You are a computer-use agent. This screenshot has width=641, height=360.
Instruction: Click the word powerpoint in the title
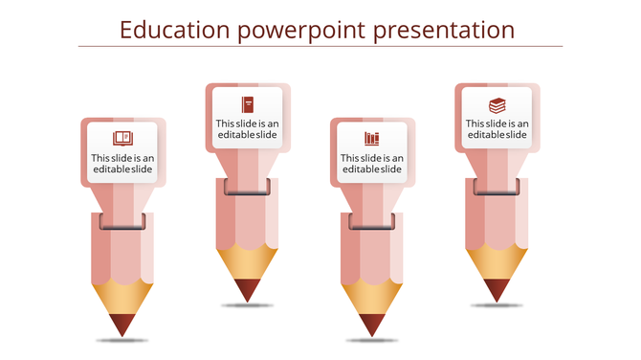[x=301, y=31]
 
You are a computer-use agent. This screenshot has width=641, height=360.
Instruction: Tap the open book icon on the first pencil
[x=122, y=138]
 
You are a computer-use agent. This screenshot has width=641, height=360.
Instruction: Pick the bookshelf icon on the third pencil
[x=372, y=139]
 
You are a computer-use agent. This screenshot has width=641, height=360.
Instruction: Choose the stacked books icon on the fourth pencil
[x=497, y=104]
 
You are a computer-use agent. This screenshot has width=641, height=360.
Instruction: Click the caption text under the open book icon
[x=122, y=164]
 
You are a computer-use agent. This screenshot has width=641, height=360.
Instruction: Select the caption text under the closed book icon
[x=247, y=129]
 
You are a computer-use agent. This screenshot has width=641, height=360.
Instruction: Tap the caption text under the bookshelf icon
[x=372, y=164]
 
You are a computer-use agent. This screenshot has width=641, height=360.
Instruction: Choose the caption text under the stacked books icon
[x=497, y=129]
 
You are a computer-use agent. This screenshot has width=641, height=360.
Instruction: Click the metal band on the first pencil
[x=122, y=222]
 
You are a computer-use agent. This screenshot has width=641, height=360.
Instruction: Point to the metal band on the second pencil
[x=247, y=187]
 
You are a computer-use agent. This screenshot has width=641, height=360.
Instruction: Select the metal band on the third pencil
[x=372, y=222]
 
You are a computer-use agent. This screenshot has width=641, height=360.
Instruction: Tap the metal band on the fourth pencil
[x=497, y=187]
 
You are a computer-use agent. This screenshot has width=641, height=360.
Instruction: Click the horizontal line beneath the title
[x=320, y=46]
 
